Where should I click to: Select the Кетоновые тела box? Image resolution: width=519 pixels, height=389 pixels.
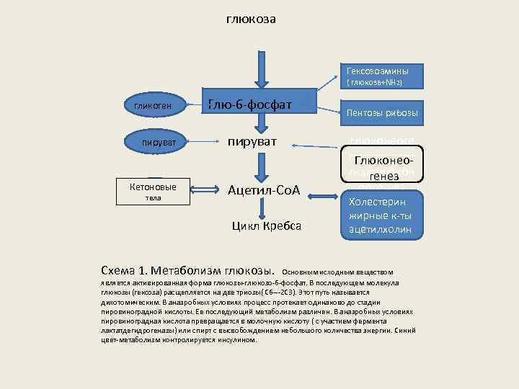tap(151, 191)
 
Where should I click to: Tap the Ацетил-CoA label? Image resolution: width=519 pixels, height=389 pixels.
tap(263, 191)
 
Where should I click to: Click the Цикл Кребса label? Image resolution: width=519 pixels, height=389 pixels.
tap(266, 226)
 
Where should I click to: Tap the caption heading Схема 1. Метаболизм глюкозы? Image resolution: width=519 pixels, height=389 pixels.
tap(190, 271)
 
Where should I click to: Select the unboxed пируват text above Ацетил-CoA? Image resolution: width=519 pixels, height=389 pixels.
tap(254, 142)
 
